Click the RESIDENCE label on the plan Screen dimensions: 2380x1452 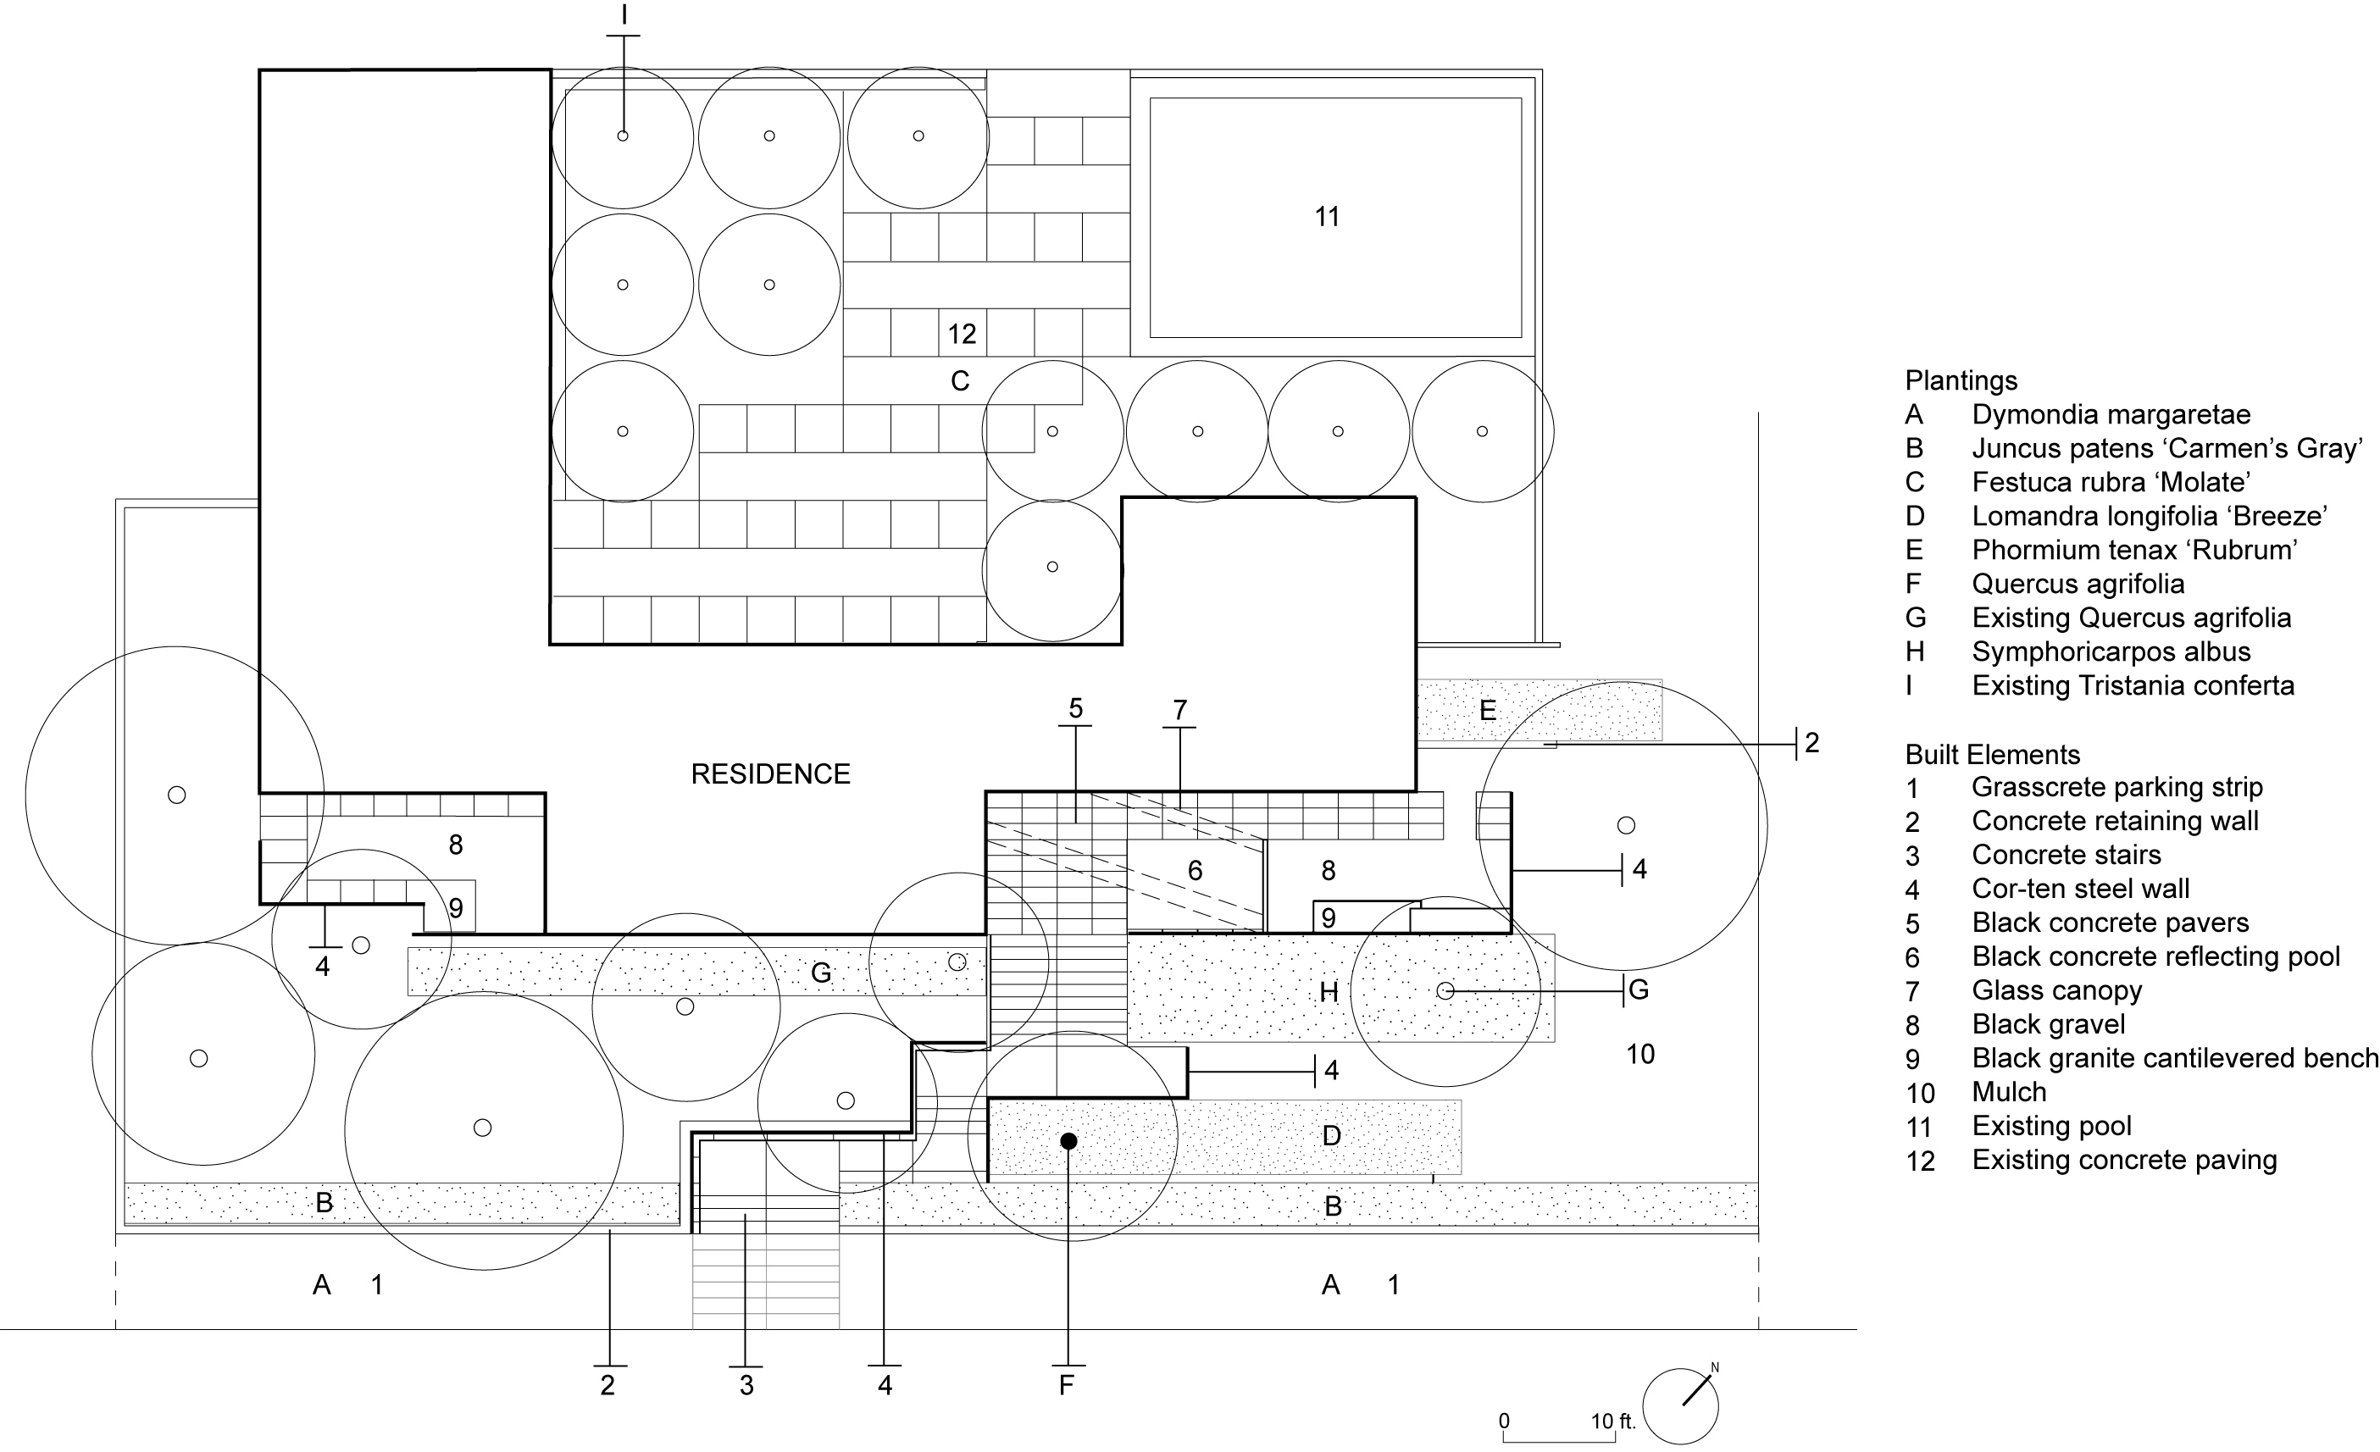click(770, 773)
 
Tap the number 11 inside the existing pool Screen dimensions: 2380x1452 click(1327, 216)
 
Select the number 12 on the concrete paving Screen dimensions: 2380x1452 click(961, 335)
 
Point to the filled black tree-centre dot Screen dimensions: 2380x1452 click(1068, 1141)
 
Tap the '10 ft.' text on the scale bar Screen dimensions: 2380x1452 click(1613, 1422)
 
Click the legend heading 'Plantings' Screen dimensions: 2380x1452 click(1961, 380)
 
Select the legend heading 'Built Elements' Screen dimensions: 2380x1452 click(1993, 755)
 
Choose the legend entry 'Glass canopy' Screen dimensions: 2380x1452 click(2056, 990)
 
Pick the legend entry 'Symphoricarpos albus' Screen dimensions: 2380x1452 click(2111, 652)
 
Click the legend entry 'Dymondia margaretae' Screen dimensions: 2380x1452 click(2111, 415)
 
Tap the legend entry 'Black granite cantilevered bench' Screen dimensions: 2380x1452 click(2175, 1058)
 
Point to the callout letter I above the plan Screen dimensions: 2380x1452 click(624, 14)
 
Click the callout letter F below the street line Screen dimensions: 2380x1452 click(1067, 1385)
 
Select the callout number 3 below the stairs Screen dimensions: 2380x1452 click(746, 1385)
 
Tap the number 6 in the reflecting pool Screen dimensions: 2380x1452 click(1195, 870)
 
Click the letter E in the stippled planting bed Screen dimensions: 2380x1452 click(1488, 711)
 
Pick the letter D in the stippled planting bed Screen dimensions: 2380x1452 click(1331, 1136)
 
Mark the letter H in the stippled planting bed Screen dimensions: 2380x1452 click(1329, 992)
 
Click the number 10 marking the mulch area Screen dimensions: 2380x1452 click(1640, 1054)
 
